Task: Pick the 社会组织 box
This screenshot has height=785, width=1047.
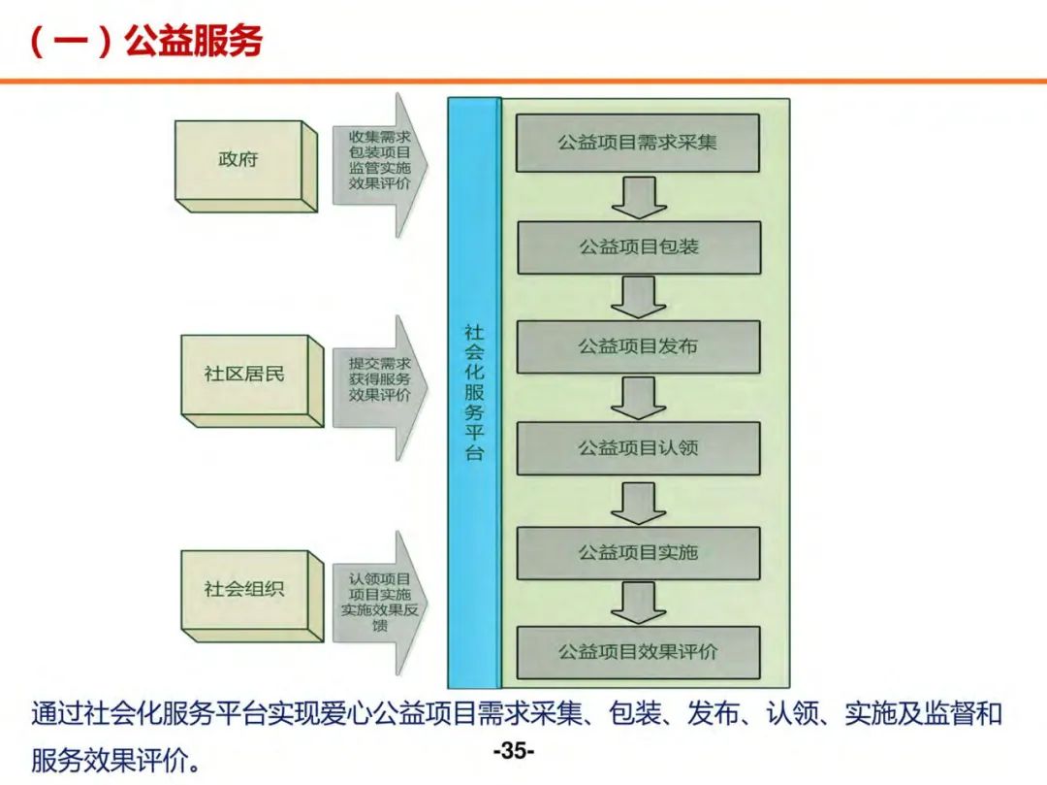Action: [x=244, y=589]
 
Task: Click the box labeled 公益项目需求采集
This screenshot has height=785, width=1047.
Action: [x=637, y=143]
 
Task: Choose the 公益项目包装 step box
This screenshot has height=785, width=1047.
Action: [x=639, y=246]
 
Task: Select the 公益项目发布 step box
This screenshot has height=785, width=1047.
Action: [x=638, y=346]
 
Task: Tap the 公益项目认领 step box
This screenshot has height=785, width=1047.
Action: [x=638, y=448]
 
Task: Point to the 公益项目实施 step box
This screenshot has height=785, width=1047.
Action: [x=638, y=553]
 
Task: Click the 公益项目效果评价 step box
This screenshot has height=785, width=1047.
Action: [x=638, y=652]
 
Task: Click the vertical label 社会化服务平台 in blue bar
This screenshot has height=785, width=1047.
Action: [x=474, y=393]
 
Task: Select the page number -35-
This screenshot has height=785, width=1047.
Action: [x=514, y=751]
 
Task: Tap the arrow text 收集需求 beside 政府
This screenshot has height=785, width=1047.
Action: [x=380, y=137]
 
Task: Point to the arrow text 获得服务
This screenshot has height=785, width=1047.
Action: [x=380, y=379]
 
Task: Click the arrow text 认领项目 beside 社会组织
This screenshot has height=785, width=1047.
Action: [x=380, y=579]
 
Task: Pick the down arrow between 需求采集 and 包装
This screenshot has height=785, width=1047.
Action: [x=638, y=197]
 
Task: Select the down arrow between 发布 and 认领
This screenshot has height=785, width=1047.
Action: [x=638, y=398]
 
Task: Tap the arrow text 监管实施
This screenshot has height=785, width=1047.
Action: [x=380, y=168]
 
